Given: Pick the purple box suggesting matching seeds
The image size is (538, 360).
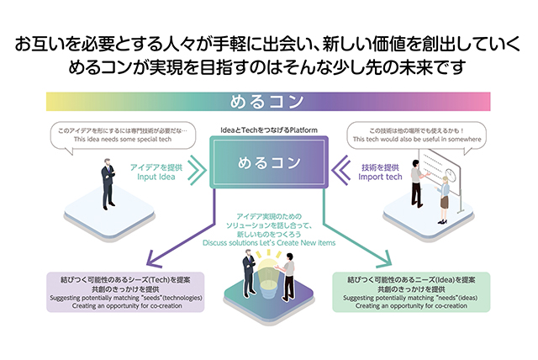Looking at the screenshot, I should (127, 292).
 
